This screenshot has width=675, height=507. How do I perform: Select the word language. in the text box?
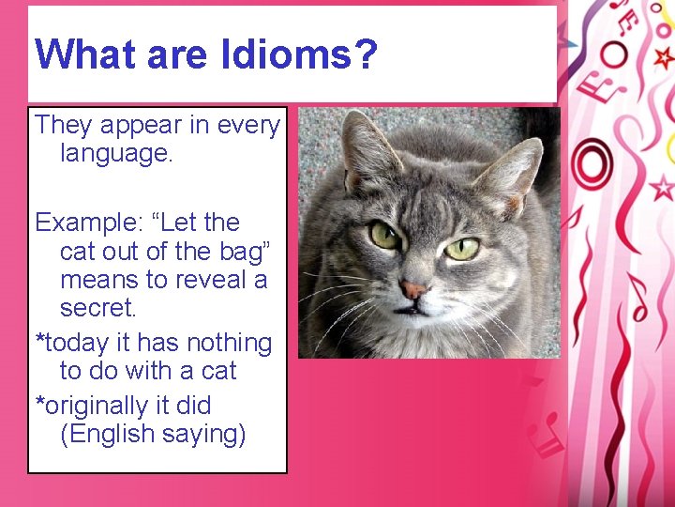point(116,152)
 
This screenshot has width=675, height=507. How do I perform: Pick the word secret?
point(97,308)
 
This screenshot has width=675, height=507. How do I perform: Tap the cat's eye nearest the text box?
point(383,235)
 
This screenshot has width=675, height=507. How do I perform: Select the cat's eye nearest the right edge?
point(461,248)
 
